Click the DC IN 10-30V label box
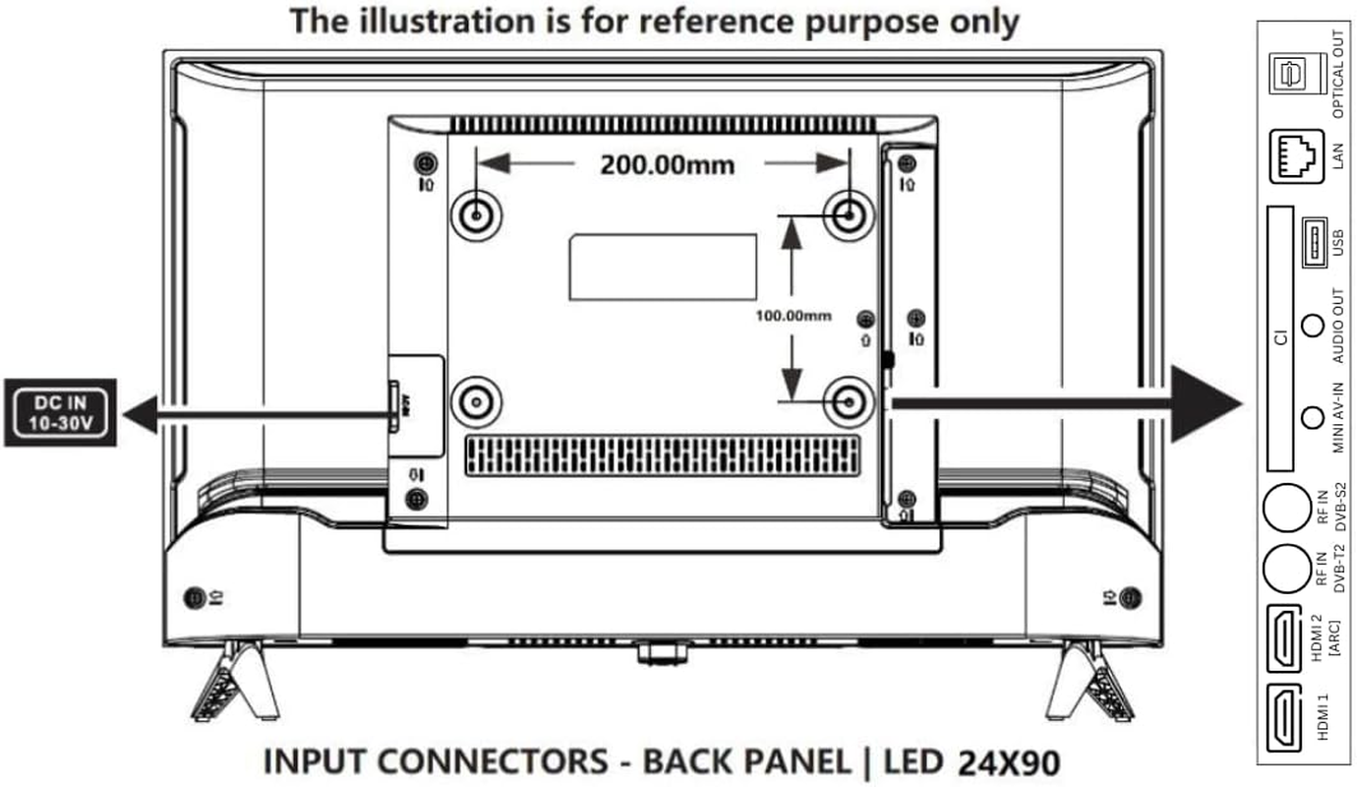(60, 412)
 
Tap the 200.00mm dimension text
(667, 164)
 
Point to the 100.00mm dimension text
(793, 316)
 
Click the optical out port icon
(1290, 74)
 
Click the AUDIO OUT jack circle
(1311, 325)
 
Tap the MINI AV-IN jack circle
(1311, 417)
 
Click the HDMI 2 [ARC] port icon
(1286, 636)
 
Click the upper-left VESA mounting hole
(476, 212)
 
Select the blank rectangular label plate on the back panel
(663, 267)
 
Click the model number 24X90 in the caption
(1008, 763)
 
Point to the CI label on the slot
(1280, 338)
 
